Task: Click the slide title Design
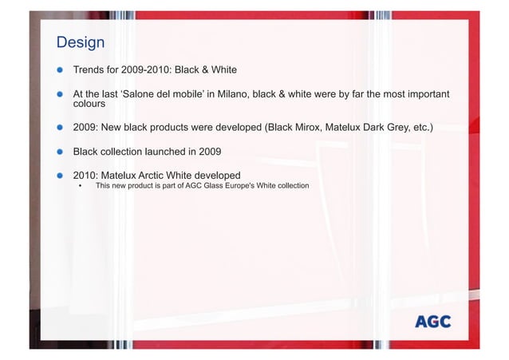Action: coord(80,41)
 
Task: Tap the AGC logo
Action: coord(432,322)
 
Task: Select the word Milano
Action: coord(231,94)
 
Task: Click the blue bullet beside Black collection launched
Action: coord(59,151)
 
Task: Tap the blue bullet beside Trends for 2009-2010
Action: coord(59,69)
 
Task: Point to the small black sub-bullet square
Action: coord(80,186)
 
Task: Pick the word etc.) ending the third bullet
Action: coord(420,126)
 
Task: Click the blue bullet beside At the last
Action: coord(59,94)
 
